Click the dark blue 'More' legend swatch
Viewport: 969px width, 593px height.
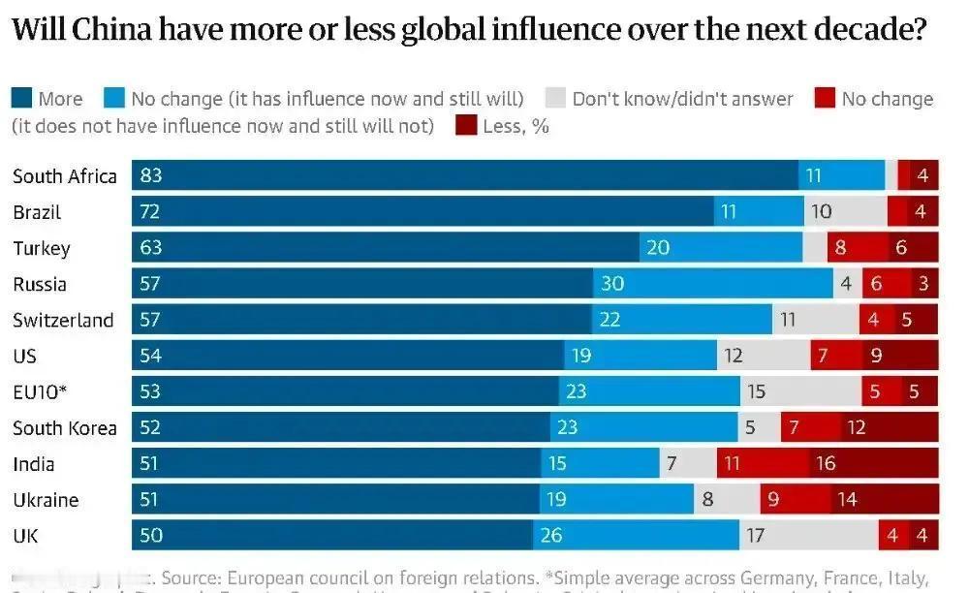point(21,98)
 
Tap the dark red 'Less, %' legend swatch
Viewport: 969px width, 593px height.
point(466,125)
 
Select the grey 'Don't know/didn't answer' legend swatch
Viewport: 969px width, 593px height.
point(555,98)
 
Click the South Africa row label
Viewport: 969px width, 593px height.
point(65,175)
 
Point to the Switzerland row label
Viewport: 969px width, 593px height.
point(63,320)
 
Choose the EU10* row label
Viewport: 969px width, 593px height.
point(40,391)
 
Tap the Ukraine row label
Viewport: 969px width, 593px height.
point(46,500)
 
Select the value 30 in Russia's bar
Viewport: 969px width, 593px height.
point(612,284)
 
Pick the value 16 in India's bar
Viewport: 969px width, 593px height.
point(825,464)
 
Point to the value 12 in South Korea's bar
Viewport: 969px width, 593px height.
point(856,427)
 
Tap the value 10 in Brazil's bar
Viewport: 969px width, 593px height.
point(821,211)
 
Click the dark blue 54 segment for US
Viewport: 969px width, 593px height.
point(348,356)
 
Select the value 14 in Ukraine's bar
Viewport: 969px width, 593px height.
point(848,500)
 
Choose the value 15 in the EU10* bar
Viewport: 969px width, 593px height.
point(755,391)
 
